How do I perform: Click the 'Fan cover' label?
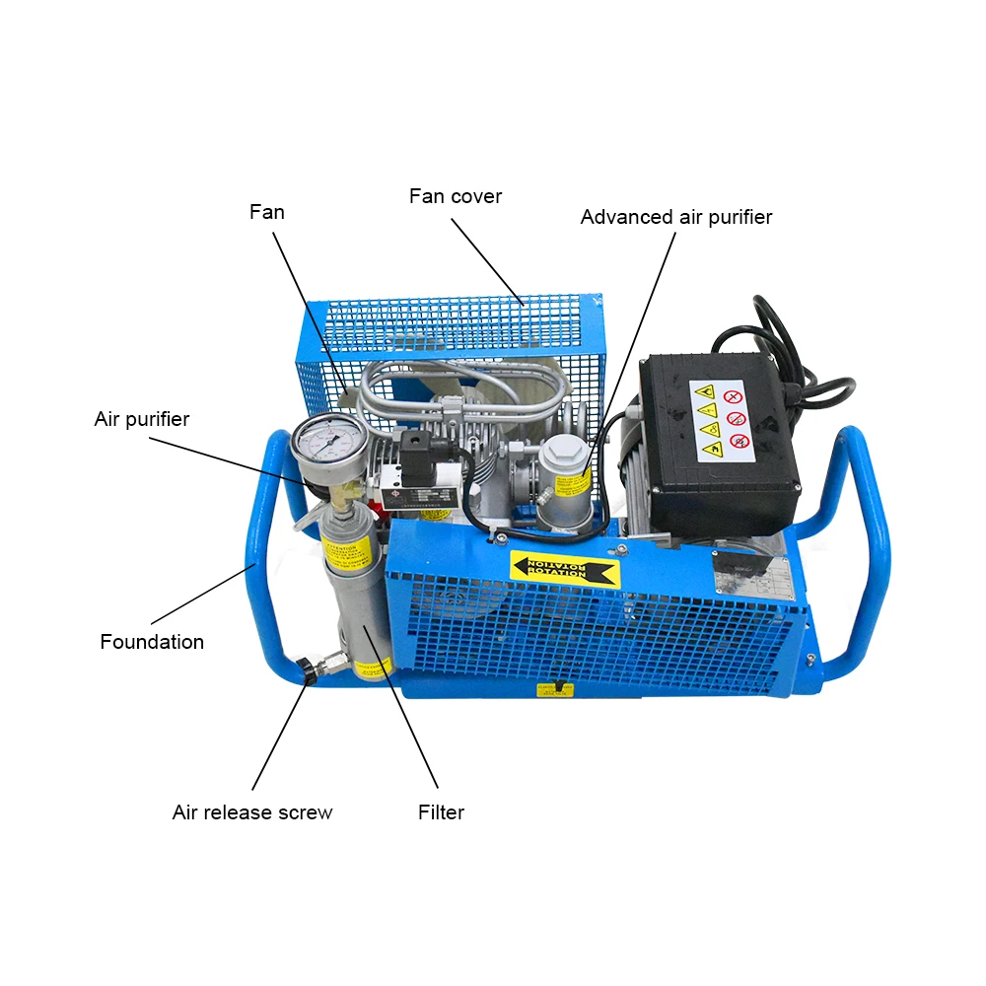456,196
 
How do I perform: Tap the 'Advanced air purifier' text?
675,217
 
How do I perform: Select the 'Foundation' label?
152,642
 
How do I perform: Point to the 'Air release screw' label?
252,812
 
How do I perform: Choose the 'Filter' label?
441,812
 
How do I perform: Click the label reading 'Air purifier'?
142,419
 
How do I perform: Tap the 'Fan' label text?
266,212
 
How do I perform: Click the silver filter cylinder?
361,611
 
